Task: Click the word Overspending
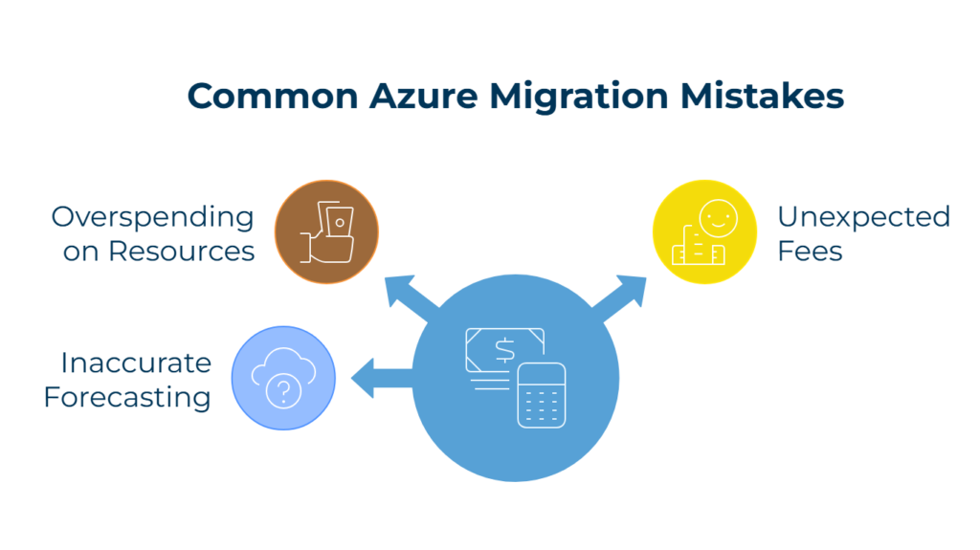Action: pos(153,218)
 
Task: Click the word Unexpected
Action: pos(863,218)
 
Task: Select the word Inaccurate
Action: pos(136,363)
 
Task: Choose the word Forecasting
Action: pos(128,396)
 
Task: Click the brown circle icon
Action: pos(326,231)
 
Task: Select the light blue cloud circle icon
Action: pos(283,379)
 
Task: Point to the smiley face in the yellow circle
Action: pos(713,216)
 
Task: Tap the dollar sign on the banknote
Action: pos(504,351)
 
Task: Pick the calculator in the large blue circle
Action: pos(541,394)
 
